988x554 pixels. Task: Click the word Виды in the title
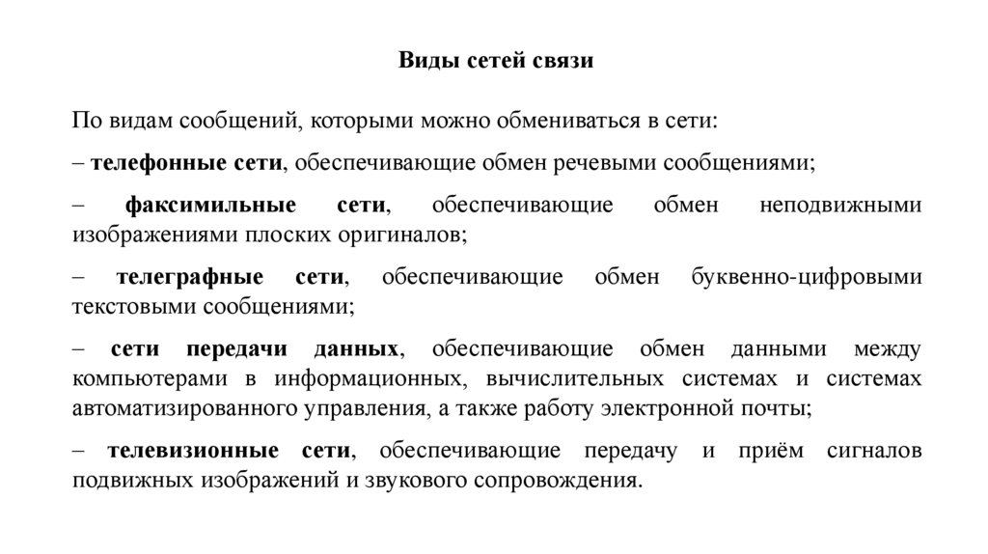pos(422,62)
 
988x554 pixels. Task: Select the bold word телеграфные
pos(190,277)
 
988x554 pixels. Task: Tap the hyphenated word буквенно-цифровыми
pos(806,277)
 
